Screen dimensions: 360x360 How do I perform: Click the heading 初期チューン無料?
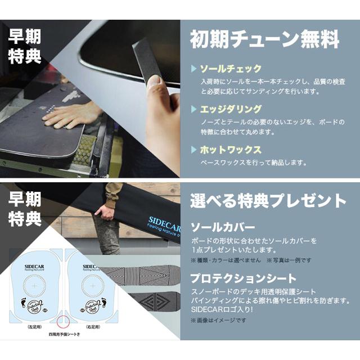click(x=264, y=40)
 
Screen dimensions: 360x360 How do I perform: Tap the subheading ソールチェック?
click(x=231, y=69)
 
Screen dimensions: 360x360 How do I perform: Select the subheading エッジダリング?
click(x=231, y=109)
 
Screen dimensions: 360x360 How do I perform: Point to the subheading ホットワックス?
click(x=231, y=150)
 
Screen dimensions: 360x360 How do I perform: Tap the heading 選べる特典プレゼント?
click(x=268, y=201)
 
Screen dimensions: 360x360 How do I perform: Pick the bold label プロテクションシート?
click(x=242, y=278)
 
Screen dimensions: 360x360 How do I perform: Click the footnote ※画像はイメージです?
click(x=220, y=321)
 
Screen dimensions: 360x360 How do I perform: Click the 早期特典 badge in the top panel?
click(x=25, y=46)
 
